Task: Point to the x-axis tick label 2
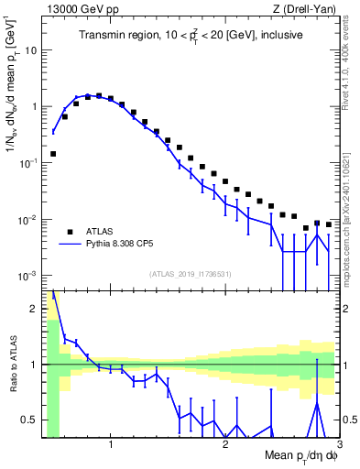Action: [225, 445]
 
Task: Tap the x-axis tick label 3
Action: [339, 445]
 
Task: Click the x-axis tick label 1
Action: [111, 445]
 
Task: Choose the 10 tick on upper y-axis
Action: [31, 49]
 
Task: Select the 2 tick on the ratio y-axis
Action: [33, 309]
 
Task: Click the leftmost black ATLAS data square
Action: [53, 154]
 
